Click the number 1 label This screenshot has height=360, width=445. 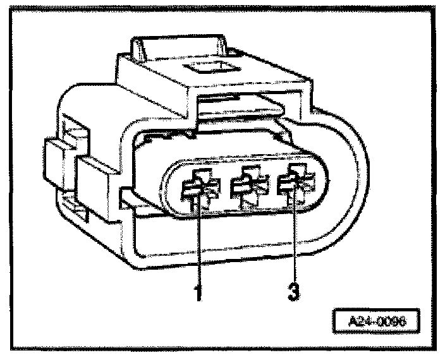(x=199, y=293)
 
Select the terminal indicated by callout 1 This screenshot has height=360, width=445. (x=198, y=188)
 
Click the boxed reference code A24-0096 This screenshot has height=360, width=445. (x=377, y=320)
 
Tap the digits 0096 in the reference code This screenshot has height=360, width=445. (x=390, y=320)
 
